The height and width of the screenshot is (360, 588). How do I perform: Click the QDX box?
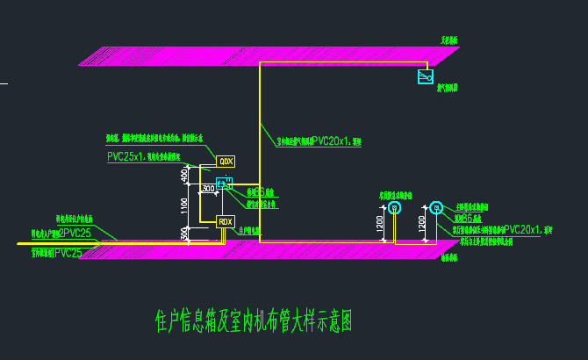(226, 162)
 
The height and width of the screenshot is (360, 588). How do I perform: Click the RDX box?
(226, 221)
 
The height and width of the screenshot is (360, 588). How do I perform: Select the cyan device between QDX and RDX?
(223, 184)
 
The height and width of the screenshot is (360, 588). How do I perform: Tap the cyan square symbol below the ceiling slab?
(426, 77)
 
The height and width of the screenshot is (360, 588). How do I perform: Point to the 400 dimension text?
(184, 176)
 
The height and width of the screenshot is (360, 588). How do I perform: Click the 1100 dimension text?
(184, 206)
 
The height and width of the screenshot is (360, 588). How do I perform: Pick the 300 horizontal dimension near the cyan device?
(208, 188)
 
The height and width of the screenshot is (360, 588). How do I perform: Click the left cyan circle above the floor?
(394, 208)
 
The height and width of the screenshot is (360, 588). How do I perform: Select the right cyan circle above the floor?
(436, 208)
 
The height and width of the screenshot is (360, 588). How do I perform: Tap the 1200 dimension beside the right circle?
(422, 224)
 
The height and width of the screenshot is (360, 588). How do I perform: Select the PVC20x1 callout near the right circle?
(523, 229)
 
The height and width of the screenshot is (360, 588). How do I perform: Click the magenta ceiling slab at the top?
(263, 56)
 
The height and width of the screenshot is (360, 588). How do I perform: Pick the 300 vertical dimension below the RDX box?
(184, 234)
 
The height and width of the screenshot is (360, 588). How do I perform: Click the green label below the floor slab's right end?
(449, 258)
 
